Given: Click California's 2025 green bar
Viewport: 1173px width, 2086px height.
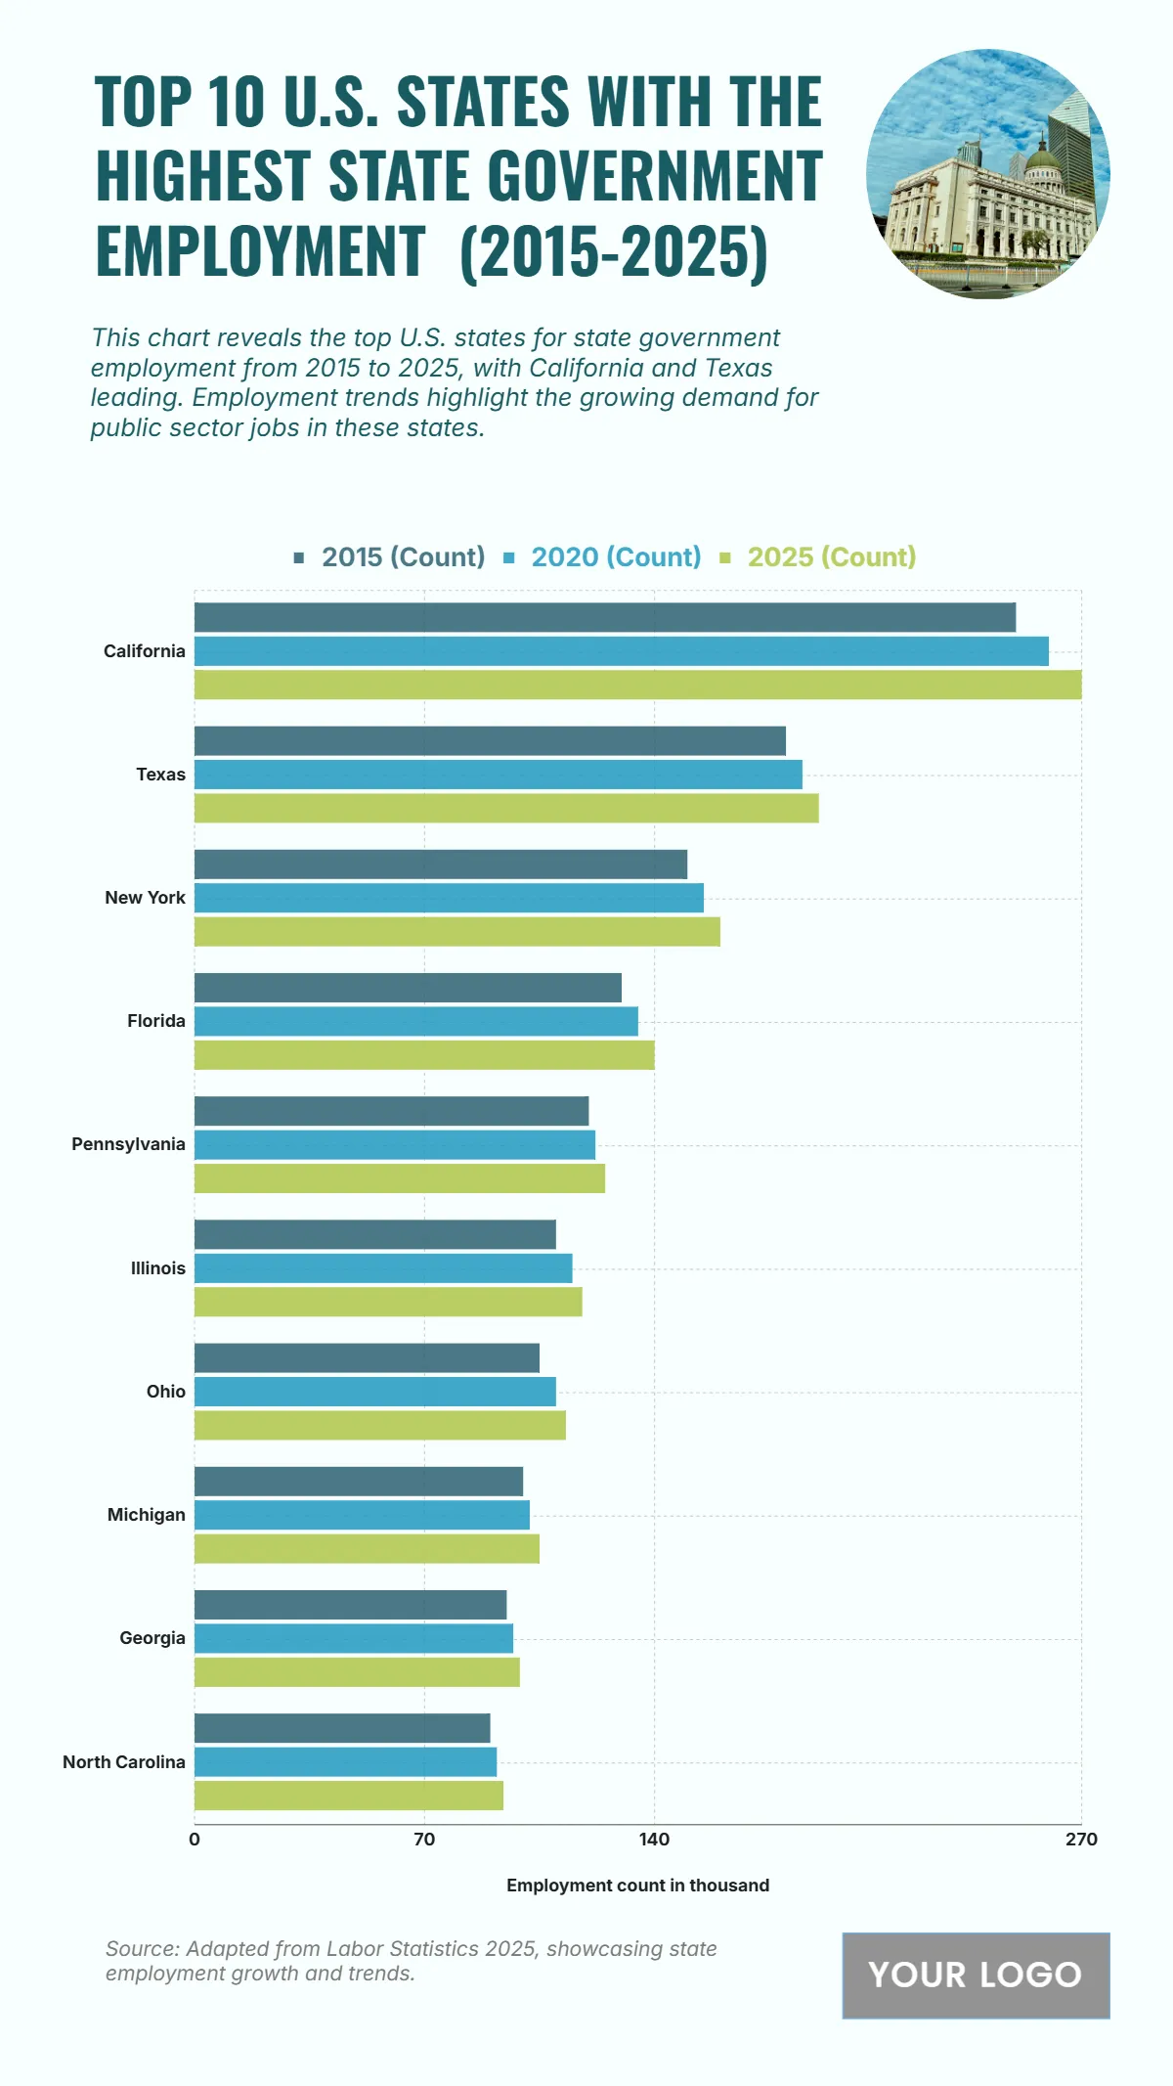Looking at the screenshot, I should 637,685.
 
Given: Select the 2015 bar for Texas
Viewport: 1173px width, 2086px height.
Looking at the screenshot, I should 490,741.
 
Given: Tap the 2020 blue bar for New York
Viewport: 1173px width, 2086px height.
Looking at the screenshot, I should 449,898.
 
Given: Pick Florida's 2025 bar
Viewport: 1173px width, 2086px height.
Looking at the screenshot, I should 424,1055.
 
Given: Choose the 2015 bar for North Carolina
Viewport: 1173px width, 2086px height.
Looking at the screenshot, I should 342,1728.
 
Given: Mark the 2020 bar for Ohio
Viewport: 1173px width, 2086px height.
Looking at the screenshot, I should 374,1392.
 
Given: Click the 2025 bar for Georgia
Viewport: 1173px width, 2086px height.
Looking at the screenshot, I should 357,1672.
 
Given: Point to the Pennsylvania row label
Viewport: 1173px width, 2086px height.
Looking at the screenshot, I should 128,1144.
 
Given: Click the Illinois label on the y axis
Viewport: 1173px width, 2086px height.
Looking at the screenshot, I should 157,1268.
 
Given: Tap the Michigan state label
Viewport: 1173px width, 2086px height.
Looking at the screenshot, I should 146,1515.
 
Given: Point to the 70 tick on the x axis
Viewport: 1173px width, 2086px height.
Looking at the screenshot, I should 424,1840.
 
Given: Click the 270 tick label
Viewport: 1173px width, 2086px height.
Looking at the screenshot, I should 1081,1840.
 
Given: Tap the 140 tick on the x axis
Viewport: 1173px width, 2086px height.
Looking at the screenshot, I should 654,1840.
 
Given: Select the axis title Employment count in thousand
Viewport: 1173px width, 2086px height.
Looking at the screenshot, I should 637,1886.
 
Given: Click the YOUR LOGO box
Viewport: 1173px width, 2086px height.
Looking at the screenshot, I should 976,1975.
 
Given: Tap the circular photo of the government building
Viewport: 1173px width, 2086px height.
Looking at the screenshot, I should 987,173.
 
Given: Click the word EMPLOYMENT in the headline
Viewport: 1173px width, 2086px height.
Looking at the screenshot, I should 260,251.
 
